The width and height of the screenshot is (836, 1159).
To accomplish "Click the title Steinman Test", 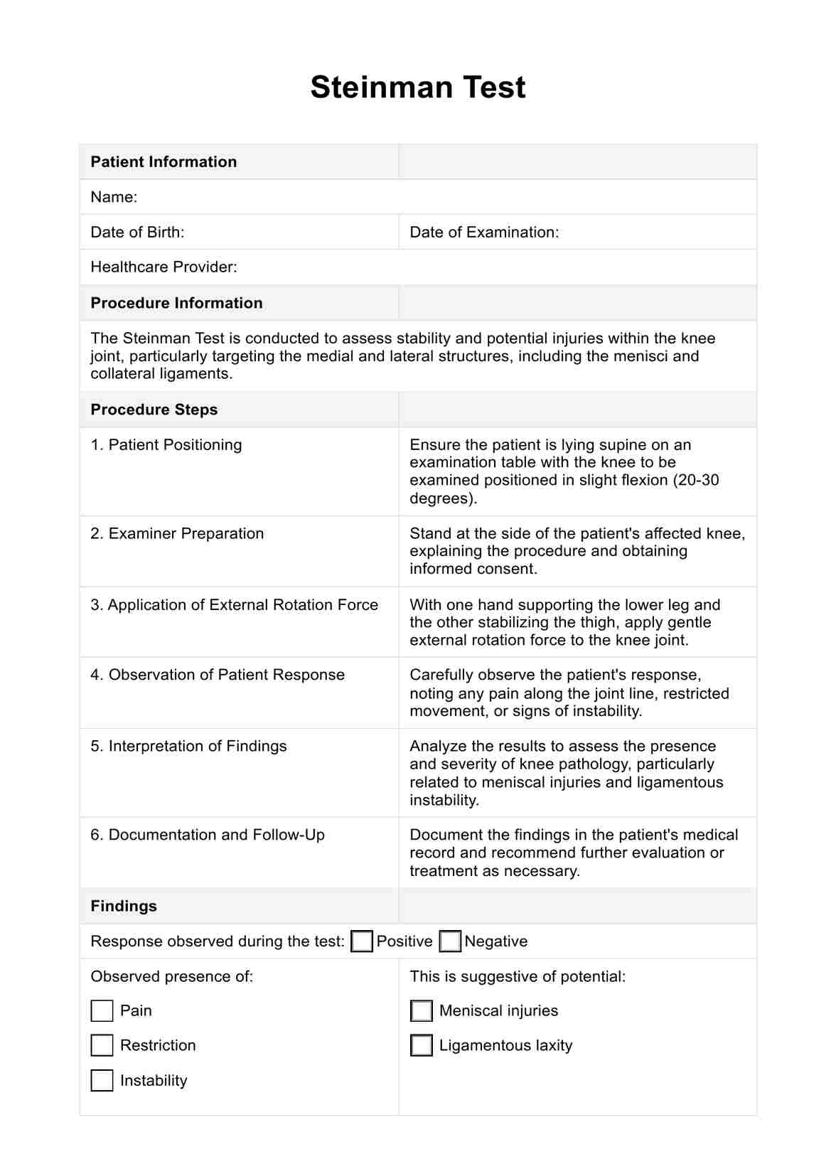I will [x=418, y=87].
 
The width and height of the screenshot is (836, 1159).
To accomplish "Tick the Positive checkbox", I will [x=362, y=941].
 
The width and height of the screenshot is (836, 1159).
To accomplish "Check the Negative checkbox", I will [x=450, y=941].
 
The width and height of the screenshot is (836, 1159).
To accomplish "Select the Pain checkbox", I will [x=102, y=1011].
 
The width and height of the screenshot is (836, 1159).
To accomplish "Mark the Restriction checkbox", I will [x=102, y=1045].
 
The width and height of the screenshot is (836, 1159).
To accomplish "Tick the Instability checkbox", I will [x=102, y=1080].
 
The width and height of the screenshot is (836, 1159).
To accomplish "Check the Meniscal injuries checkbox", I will [x=422, y=1011].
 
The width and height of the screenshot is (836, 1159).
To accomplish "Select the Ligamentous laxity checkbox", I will [x=422, y=1045].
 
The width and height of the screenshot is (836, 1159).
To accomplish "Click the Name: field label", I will [x=114, y=197].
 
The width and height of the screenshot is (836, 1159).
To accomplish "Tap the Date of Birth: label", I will [x=137, y=233].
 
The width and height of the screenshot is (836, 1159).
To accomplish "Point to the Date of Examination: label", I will [x=484, y=233].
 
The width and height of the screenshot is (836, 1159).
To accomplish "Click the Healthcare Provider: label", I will [x=164, y=267].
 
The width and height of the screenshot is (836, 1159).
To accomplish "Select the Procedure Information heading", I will [x=176, y=303].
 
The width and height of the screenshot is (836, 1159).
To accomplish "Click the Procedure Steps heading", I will [x=154, y=410].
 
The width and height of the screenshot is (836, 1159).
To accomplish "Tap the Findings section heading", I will [x=124, y=906].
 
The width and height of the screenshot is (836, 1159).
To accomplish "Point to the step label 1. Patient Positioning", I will [x=166, y=445].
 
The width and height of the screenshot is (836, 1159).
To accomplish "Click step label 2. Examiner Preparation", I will [x=177, y=534].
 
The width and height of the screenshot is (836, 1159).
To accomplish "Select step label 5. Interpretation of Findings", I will [x=188, y=747].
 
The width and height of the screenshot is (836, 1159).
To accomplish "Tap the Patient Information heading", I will [x=164, y=162].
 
